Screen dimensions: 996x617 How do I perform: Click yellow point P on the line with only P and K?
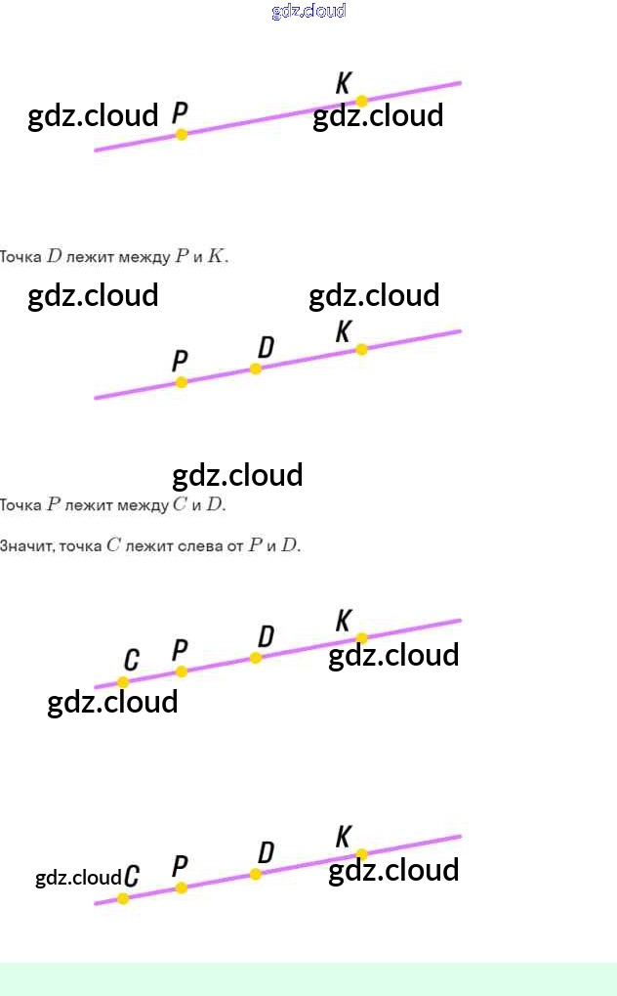tap(181, 134)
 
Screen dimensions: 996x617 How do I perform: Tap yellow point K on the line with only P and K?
tap(361, 101)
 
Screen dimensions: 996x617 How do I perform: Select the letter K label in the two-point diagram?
tap(344, 82)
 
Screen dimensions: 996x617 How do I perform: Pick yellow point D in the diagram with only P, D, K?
tap(256, 368)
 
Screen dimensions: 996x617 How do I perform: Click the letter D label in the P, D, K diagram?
tap(266, 347)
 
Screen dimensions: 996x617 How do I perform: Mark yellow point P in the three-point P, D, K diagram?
tap(181, 382)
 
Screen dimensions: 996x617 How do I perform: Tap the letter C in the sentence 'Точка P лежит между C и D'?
tap(180, 505)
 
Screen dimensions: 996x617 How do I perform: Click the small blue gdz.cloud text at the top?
tap(308, 11)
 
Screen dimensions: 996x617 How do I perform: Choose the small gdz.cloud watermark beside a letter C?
tap(78, 878)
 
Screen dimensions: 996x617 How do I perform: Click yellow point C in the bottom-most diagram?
tap(123, 898)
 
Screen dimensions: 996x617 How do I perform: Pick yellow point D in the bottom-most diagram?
tap(256, 874)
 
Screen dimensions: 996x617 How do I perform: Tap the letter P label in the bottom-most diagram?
tap(180, 866)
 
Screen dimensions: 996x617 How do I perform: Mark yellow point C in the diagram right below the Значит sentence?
tap(123, 682)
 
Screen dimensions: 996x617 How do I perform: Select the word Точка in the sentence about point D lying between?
tap(21, 258)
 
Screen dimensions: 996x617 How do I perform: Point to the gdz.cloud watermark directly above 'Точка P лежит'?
tap(237, 475)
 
